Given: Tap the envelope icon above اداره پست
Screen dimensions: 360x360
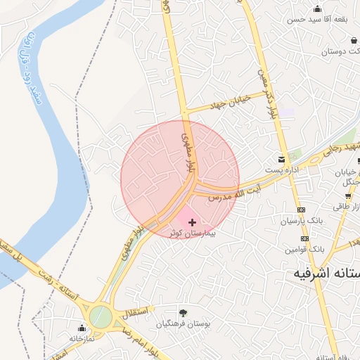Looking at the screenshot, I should tap(282, 158).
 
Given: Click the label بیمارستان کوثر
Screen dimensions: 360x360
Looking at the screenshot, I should tap(192, 233).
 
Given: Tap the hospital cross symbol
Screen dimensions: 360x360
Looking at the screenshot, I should tap(193, 222).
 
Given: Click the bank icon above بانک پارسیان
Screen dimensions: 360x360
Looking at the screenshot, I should tap(302, 210).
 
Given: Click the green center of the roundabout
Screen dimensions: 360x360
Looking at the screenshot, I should tap(101, 317).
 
